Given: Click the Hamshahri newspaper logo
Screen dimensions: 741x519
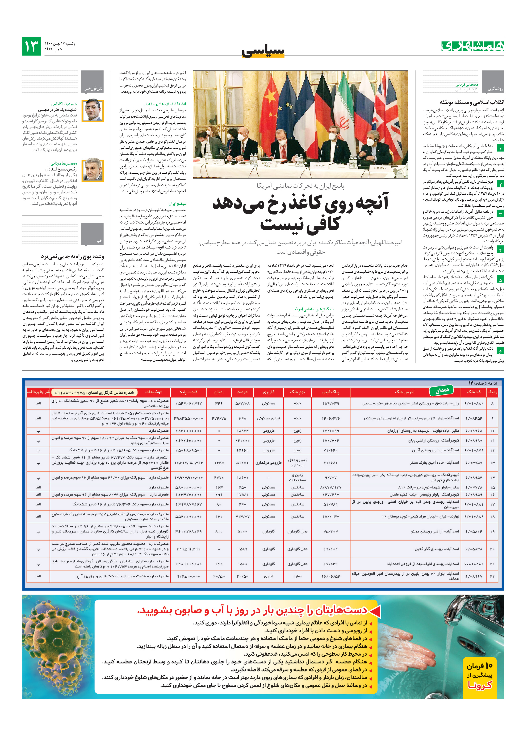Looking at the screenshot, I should pos(473,46).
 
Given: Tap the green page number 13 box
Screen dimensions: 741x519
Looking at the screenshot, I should pos(31,46).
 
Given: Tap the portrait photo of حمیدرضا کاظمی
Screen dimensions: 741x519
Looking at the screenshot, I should pos(93,111).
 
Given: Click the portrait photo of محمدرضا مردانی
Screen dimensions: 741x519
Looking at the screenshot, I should pos(93,170).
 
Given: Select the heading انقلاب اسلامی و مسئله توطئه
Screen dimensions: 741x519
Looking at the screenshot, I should pos(472,102).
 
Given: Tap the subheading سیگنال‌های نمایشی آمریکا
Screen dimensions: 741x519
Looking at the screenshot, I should pos(313,309).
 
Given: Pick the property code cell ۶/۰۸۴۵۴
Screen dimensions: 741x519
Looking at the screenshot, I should pos(473,418).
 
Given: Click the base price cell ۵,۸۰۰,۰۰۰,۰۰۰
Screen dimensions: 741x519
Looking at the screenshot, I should pos(189,487).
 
